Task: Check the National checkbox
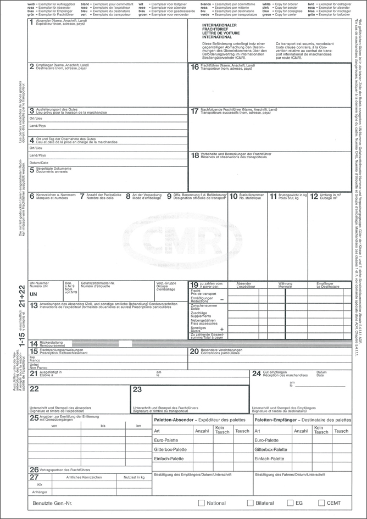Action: (201, 503)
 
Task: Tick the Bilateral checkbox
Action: (251, 503)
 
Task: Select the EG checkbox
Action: (291, 503)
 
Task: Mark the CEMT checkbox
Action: (321, 503)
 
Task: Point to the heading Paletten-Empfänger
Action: (279, 419)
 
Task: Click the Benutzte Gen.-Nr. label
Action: (53, 503)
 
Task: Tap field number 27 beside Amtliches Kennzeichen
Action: (34, 477)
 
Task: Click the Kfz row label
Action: (40, 485)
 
